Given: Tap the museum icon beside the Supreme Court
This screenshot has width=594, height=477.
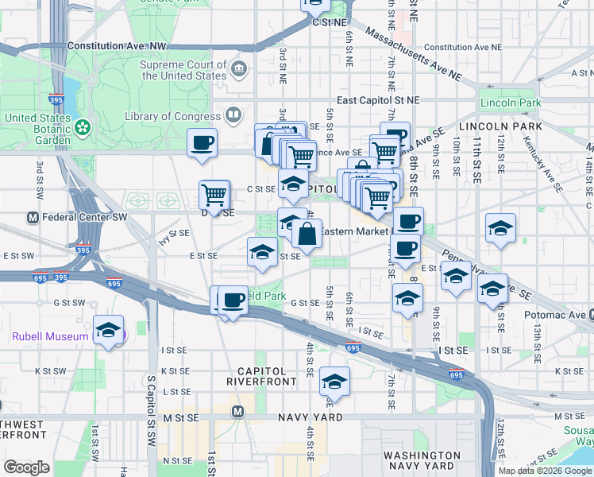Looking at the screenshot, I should [x=238, y=70].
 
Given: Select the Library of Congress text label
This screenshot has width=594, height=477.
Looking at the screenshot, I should [x=172, y=117].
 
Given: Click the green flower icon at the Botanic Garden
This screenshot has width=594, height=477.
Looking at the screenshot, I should [x=83, y=126].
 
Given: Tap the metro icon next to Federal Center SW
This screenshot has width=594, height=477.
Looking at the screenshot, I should [x=33, y=217].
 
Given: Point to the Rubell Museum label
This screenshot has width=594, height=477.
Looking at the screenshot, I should [x=49, y=336].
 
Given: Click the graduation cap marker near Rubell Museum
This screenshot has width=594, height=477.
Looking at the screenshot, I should [x=108, y=332].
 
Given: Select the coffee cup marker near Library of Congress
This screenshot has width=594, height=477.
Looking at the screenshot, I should [x=202, y=144].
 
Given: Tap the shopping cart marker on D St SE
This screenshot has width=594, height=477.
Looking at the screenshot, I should [x=214, y=194].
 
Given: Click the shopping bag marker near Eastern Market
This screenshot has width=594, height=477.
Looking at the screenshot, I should [x=307, y=235].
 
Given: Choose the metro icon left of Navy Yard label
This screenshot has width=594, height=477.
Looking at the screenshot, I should [x=237, y=411].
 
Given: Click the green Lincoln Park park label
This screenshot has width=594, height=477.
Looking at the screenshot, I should [x=510, y=103].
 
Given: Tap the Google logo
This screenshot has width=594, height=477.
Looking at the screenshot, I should [x=27, y=467].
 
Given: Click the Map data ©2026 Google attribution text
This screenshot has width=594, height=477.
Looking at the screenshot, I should [x=544, y=471].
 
